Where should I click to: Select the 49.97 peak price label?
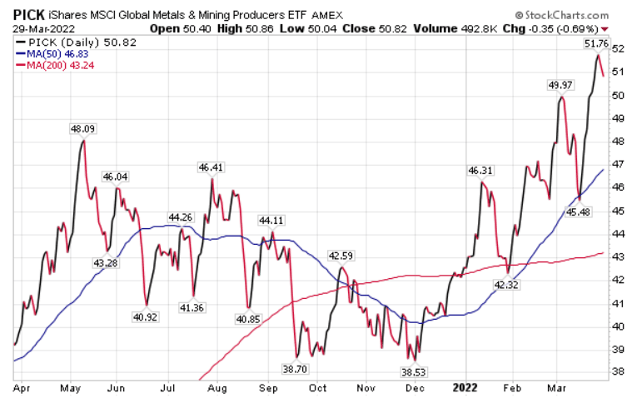561,85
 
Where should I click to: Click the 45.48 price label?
583,211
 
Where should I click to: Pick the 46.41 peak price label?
211,167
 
